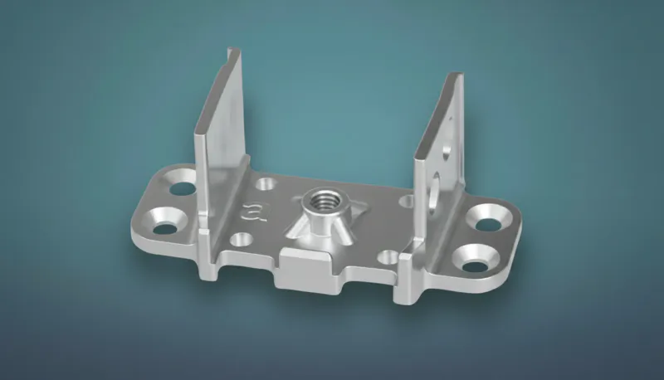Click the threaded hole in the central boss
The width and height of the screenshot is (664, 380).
click(x=318, y=199)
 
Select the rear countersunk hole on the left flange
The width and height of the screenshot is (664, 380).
click(x=181, y=183)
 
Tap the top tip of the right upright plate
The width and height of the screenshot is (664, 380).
click(x=455, y=76)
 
